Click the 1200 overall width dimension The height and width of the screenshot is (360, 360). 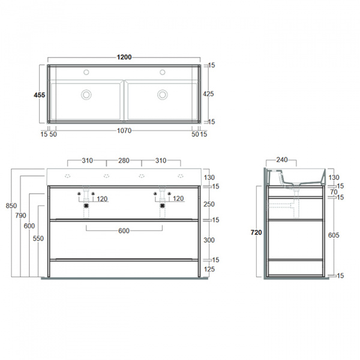tap(124, 58)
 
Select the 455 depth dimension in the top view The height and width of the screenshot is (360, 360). tap(38, 94)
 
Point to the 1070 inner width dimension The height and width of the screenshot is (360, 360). tap(124, 130)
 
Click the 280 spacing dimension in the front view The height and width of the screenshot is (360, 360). tap(124, 161)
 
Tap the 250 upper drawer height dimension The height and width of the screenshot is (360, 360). tap(208, 205)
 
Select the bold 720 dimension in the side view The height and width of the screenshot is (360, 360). tap(256, 233)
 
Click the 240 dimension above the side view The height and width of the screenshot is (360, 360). tap(283, 161)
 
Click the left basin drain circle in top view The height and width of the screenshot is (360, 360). tap(87, 94)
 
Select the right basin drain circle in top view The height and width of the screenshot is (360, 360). tap(162, 94)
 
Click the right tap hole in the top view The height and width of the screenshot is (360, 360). tap(162, 73)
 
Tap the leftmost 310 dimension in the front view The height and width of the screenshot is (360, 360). tap(88, 161)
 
